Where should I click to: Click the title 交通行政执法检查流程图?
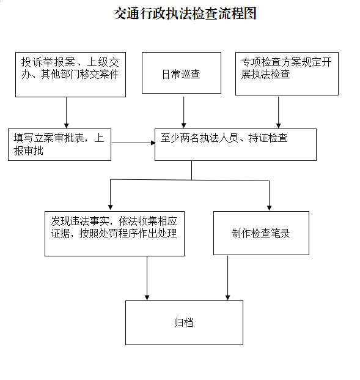pos(185,13)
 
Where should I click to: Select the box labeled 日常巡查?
pos(182,73)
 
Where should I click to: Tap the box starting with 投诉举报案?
pos(70,75)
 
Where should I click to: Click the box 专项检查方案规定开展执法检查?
pos(287,73)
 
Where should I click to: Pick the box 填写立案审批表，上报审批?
pos(59,144)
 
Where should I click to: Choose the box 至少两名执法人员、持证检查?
pos(235,144)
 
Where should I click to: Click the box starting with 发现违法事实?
pos(114,234)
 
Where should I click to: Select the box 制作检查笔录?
pos(261,233)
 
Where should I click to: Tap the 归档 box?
pos(184,323)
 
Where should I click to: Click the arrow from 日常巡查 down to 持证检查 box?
pos(184,112)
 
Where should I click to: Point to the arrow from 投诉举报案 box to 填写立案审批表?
pos(67,113)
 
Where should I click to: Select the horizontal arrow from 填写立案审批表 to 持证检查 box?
pos(133,143)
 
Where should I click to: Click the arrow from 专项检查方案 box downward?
pos(279,112)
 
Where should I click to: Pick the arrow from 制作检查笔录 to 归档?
pos(227,278)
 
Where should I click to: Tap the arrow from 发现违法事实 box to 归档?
pos(147,278)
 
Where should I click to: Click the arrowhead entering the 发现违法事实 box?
pos(111,207)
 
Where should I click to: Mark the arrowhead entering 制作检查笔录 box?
pos(269,208)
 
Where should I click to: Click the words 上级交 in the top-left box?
pos(103,62)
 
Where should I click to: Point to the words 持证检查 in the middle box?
pos(268,138)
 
